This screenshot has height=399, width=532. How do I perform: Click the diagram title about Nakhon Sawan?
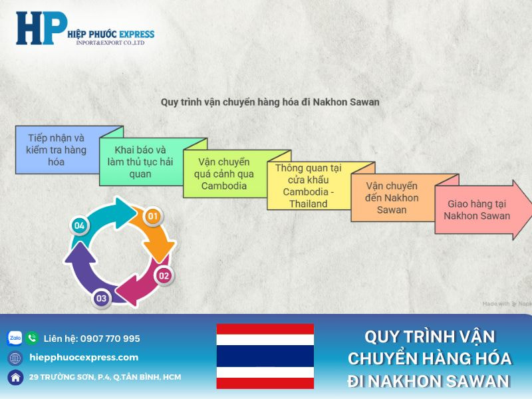coord(270,102)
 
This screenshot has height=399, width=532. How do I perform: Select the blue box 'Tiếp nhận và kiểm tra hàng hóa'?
coord(57,150)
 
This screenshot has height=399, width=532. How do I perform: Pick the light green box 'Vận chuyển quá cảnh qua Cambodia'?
coord(224,174)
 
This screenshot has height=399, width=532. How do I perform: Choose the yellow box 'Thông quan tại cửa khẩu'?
coord(308,186)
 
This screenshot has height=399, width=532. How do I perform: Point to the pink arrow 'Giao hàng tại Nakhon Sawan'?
coord(477,209)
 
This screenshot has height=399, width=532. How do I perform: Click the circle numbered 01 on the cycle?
coord(153,215)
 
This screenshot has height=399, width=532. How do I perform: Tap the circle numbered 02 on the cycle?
coord(164,275)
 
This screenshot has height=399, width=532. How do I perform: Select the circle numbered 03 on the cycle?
coord(101,299)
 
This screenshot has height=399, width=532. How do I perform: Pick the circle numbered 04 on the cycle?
coord(80,226)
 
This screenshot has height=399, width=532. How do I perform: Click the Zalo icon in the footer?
coord(15,338)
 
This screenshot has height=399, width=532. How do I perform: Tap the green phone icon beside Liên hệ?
coord(32,338)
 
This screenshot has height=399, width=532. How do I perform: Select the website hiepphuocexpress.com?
coord(84,357)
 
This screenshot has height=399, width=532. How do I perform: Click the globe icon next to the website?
coord(15,358)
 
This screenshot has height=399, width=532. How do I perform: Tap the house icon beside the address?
coord(15,377)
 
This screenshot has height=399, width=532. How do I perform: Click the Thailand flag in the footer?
coord(265,356)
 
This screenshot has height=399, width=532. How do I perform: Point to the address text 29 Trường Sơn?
coord(104,377)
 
